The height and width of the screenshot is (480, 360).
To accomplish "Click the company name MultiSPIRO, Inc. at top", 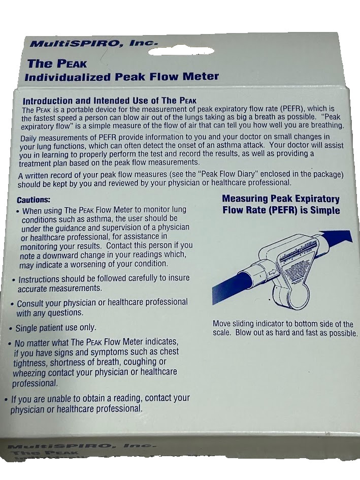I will (x=95, y=44).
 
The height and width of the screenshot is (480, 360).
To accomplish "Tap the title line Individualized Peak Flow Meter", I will (x=122, y=77).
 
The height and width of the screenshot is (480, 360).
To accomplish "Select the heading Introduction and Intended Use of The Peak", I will (x=109, y=101).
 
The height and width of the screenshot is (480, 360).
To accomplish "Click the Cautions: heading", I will (x=34, y=200).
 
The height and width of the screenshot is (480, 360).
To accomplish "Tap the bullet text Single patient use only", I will (x=56, y=328).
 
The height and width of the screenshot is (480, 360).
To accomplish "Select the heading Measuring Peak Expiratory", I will (x=281, y=199).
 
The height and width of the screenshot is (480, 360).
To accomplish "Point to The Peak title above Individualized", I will (x=57, y=63).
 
